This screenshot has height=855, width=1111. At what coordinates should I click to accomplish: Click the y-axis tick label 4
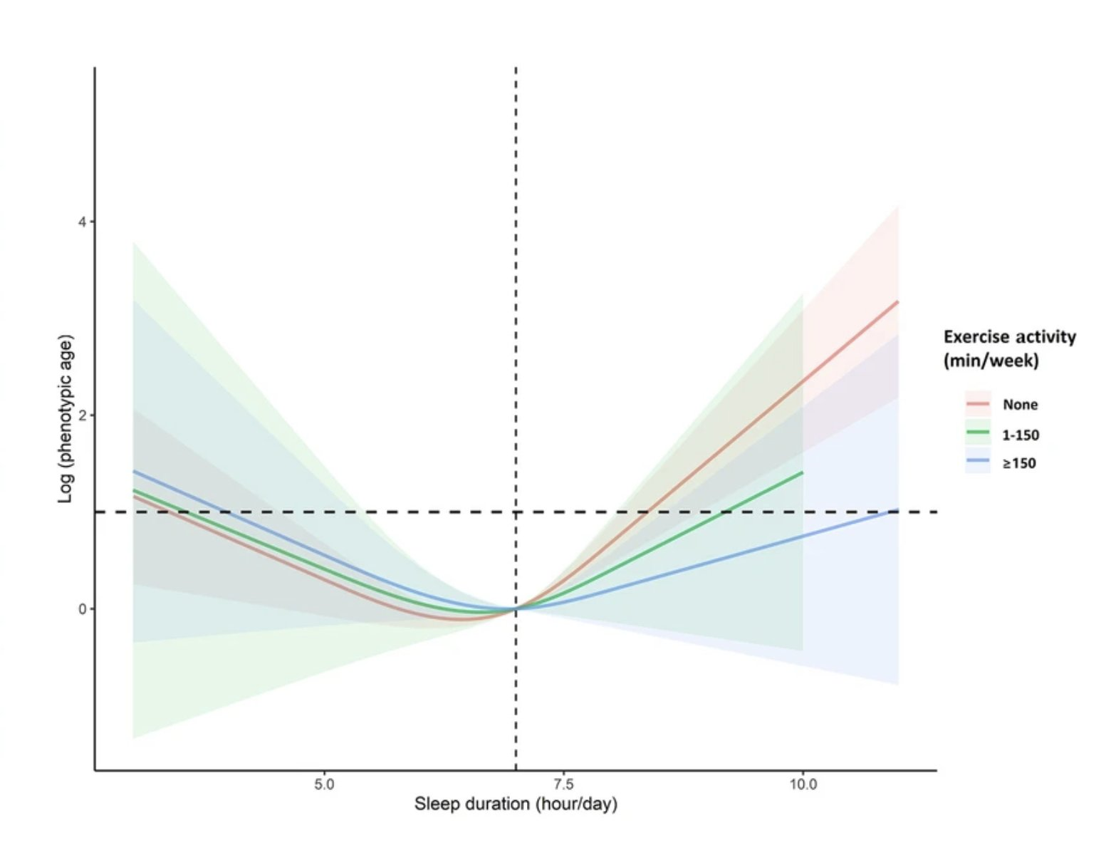tap(82, 222)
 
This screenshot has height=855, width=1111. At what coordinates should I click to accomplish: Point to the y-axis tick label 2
tap(82, 415)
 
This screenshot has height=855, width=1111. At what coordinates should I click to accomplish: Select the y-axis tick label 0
tap(82, 609)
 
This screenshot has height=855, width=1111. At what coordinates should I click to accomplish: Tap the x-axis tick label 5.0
tap(324, 784)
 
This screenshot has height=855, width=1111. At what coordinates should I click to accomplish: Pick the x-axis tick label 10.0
tap(803, 784)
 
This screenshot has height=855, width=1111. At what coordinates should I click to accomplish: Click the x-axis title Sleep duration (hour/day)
tap(516, 804)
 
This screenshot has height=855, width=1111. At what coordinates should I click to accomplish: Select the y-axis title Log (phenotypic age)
tap(66, 418)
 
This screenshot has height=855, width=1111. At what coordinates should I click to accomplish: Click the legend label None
tap(1020, 405)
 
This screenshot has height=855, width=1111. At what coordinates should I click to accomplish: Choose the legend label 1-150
tap(1020, 435)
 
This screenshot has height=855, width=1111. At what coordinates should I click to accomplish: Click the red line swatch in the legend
tap(978, 404)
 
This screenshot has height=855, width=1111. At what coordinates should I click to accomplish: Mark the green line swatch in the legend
tap(978, 433)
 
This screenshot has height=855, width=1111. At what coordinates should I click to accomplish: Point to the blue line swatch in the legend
tap(978, 462)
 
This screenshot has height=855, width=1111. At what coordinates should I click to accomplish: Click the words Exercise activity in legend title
tap(1009, 337)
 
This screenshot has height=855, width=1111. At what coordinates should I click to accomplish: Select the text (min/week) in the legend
tap(991, 361)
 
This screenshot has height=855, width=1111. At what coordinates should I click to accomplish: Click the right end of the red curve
tap(898, 302)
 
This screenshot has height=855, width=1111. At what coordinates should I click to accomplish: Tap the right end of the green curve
tap(803, 472)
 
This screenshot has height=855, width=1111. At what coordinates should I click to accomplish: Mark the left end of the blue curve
tap(134, 472)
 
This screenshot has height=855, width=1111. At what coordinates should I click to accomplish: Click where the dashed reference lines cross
tap(516, 512)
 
